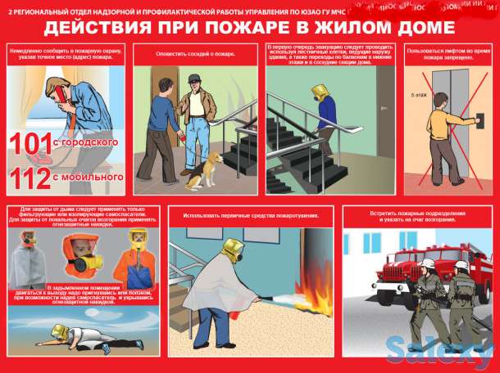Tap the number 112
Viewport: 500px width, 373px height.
[x=32, y=176]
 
